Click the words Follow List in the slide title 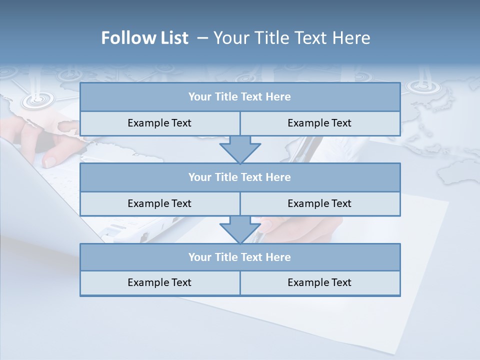(x=145, y=38)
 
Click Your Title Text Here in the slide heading (x=291, y=38)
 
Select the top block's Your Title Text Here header (x=239, y=97)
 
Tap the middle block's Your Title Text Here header (x=239, y=177)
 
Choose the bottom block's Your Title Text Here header (x=239, y=257)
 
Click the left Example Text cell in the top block (x=159, y=123)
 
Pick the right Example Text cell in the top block (x=319, y=123)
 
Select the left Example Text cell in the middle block (x=159, y=203)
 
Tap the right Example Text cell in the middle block (x=319, y=203)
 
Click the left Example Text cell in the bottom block (x=159, y=282)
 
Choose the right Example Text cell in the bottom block (x=319, y=282)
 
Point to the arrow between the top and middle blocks (x=240, y=149)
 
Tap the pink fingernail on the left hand (x=50, y=161)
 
